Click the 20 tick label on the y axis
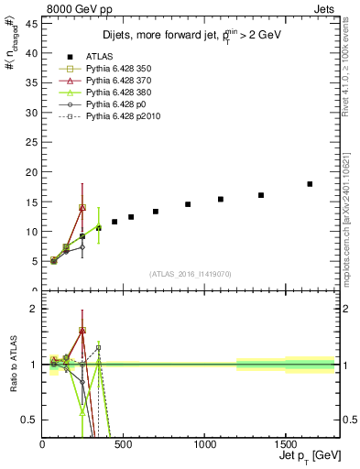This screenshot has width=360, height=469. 35,172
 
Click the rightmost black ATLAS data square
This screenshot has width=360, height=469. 310,184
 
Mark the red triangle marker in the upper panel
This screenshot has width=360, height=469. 82,207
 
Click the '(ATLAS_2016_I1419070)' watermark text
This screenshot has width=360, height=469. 190,273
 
